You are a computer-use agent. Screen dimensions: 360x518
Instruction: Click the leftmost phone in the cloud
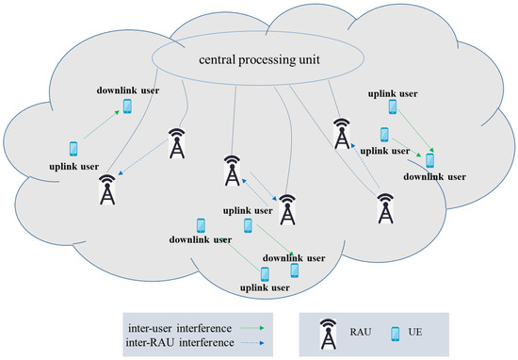coord(74,148)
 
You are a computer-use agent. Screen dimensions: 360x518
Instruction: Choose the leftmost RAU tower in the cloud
coord(109,188)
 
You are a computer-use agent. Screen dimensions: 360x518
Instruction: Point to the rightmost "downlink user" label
coord(434,176)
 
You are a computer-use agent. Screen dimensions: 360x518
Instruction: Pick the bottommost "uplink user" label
coord(265,287)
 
